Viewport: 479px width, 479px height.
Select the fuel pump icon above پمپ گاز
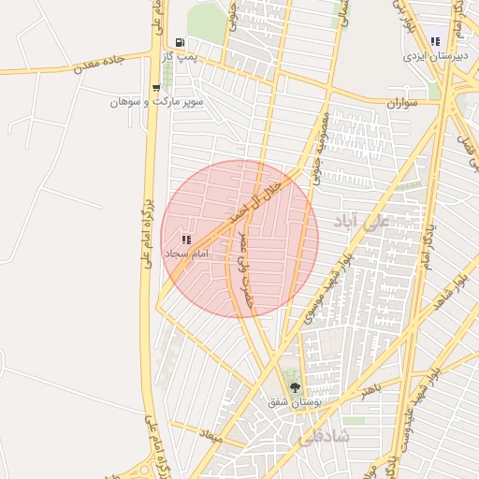click(x=180, y=43)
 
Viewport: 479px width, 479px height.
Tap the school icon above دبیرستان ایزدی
click(x=435, y=41)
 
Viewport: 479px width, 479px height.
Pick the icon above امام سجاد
click(x=185, y=239)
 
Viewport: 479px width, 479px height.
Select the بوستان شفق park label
click(x=296, y=401)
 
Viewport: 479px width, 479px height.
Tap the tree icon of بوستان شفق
click(x=296, y=386)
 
